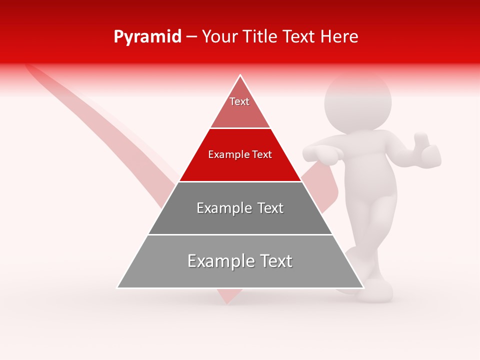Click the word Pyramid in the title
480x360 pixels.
pos(147,37)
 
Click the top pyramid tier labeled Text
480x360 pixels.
pos(239,105)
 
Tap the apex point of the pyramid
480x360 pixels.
pos(240,75)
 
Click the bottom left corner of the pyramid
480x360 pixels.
pos(118,287)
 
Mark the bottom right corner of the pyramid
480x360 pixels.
pos(363,287)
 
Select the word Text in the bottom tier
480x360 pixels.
pos(272,261)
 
